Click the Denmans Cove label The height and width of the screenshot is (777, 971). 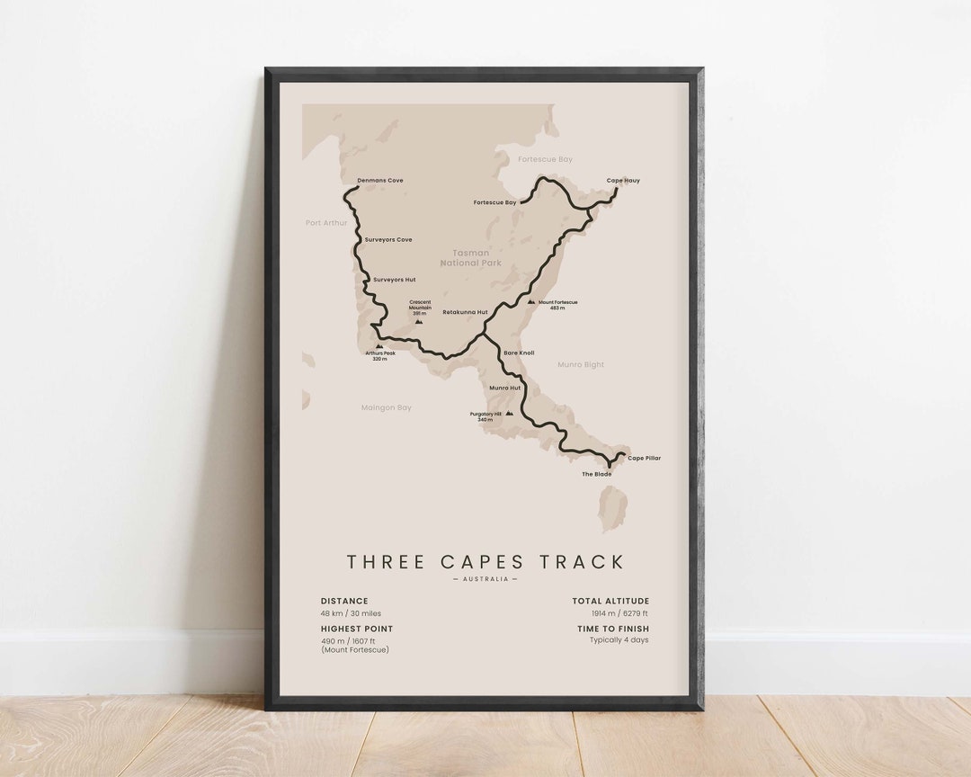(379, 181)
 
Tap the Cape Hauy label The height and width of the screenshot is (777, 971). (623, 181)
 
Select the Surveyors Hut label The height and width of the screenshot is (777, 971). (394, 280)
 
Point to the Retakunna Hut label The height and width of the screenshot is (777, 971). (465, 312)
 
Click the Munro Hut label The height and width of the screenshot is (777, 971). (504, 388)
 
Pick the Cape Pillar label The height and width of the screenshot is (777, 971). (644, 458)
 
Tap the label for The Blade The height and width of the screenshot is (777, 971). (596, 474)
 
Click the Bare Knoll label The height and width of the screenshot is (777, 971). (519, 353)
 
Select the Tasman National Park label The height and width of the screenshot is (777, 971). (470, 258)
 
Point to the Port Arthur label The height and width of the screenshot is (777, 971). (325, 222)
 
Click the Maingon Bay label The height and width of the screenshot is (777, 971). (386, 407)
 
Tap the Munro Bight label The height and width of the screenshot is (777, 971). (581, 365)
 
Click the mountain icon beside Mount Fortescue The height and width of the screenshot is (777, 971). (531, 302)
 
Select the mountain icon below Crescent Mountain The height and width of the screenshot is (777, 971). (418, 321)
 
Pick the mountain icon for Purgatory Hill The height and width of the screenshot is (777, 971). (510, 414)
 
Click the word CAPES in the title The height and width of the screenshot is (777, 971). (485, 562)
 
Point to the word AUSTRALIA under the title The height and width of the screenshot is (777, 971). (485, 579)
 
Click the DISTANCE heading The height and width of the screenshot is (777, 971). (344, 601)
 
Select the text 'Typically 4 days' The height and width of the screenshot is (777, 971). (619, 640)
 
